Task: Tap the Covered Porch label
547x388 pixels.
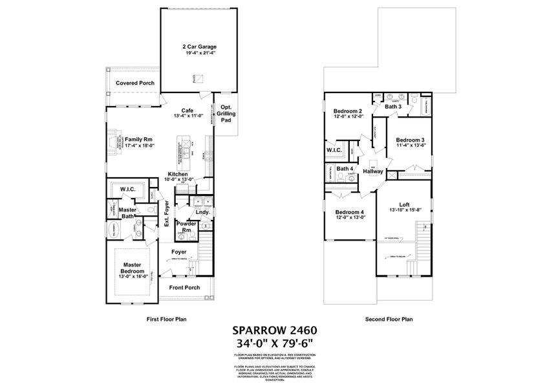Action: [134, 83]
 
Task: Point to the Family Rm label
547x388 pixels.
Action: [138, 139]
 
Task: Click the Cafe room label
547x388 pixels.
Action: [188, 110]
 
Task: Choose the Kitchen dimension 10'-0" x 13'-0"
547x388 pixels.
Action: [178, 180]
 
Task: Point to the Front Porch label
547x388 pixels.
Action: [184, 288]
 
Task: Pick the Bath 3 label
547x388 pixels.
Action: [393, 107]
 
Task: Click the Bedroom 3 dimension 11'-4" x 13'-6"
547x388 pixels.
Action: [410, 145]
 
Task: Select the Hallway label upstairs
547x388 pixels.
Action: [373, 172]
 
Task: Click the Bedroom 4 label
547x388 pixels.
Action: [349, 212]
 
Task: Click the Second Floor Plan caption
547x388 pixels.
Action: [389, 319]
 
